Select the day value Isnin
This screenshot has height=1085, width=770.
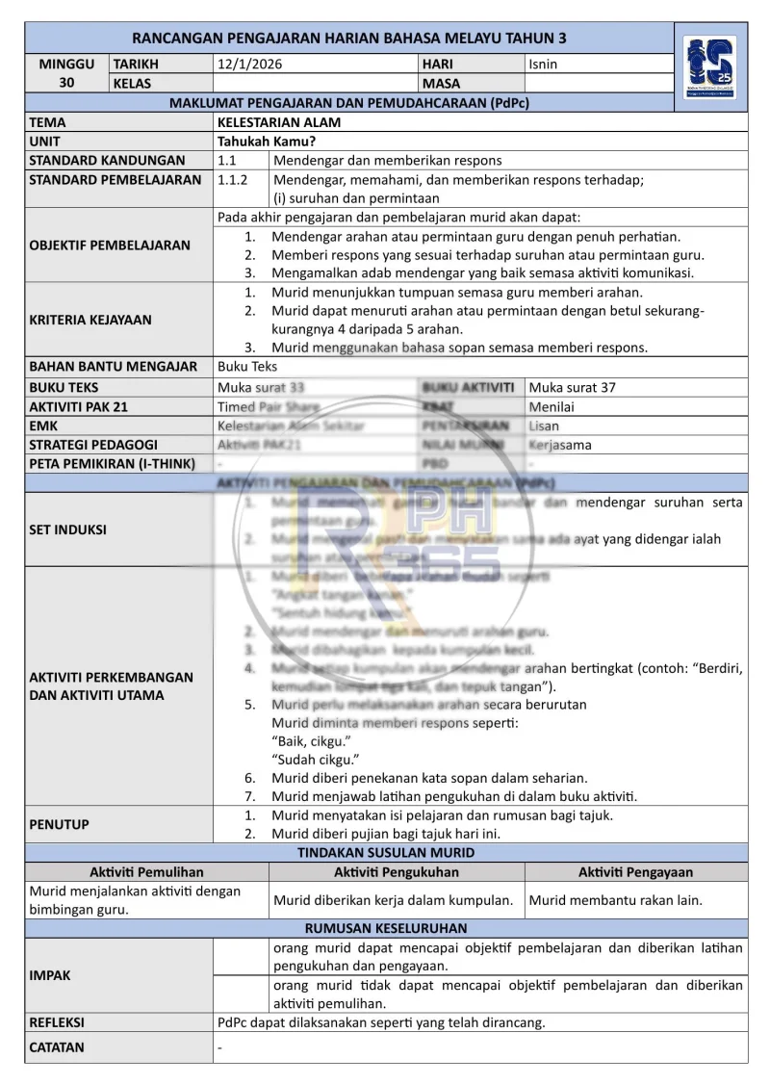tap(543, 65)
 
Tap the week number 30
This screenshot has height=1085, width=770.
tap(66, 83)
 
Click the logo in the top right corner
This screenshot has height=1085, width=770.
tap(709, 67)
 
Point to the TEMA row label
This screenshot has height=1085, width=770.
tap(48, 123)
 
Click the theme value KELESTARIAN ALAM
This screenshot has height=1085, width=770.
tap(279, 123)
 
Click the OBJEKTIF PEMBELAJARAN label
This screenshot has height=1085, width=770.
tap(110, 245)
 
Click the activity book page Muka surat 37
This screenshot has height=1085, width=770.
tap(573, 387)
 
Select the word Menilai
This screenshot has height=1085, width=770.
tap(552, 406)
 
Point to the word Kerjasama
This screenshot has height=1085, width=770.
tap(560, 445)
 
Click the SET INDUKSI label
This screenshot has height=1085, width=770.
tap(68, 530)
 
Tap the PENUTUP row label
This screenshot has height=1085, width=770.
tap(60, 824)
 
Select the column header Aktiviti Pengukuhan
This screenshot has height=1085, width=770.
tap(397, 872)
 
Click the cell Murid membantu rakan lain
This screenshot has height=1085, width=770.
tap(616, 901)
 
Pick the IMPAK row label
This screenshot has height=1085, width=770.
tap(50, 975)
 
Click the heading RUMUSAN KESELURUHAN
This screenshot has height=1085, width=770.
tap(386, 929)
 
